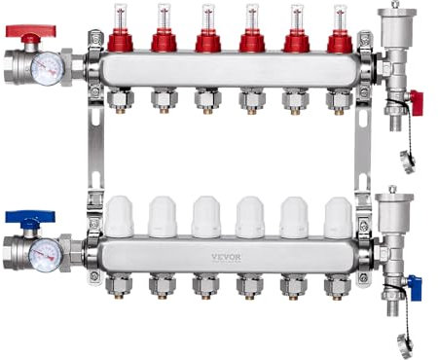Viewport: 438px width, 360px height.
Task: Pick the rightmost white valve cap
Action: coord(338,218)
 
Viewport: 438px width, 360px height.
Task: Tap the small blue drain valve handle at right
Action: coord(415,284)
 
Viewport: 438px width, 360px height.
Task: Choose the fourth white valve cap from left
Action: coord(250,218)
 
